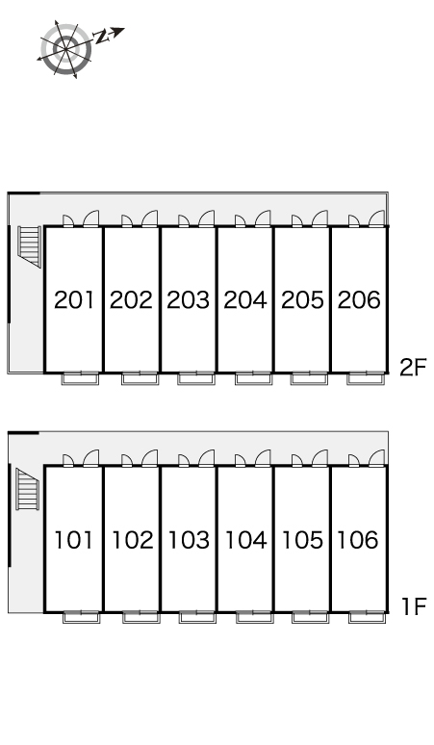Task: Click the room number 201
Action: pos(74,299)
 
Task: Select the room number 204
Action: pos(245,299)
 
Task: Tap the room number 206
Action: pos(359,299)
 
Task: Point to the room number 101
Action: pos(73,540)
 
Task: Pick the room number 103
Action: pos(189,540)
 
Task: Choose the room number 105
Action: pos(302,540)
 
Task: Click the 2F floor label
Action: pos(413,368)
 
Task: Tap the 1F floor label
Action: pos(414,606)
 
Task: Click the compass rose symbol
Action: pos(65,49)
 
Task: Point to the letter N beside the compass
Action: pos(100,37)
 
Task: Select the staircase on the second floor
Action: pos(30,246)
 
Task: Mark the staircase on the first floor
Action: pos(27,489)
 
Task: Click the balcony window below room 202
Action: pos(140,378)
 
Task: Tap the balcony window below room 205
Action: pos(309,378)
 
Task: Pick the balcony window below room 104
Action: pos(254,617)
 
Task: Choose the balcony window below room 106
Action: pos(367,617)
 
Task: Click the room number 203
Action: pos(188,299)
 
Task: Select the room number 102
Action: pos(133,540)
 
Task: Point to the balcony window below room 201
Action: pos(80,378)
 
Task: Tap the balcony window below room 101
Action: pos(82,617)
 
